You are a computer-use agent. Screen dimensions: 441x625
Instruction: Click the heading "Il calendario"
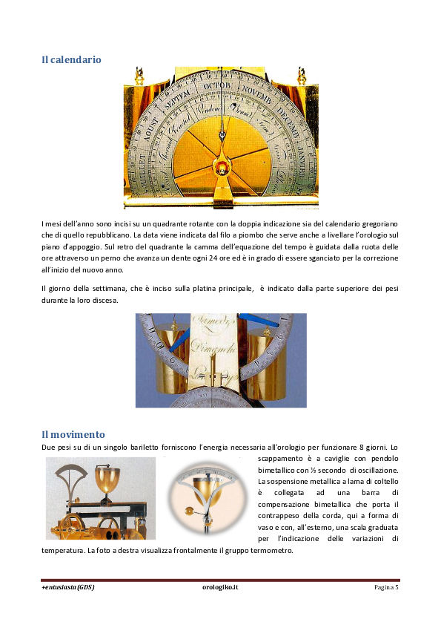(71, 59)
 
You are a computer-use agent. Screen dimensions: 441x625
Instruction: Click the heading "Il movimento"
(73, 434)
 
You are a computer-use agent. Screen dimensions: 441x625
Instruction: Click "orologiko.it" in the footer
(220, 587)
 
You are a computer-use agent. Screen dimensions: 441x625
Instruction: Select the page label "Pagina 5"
(385, 587)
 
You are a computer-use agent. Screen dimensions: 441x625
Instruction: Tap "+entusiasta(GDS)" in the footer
(68, 587)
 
